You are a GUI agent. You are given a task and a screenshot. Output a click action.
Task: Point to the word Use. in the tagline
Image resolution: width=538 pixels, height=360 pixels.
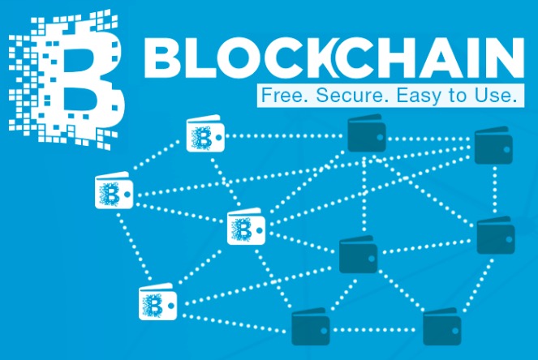496,95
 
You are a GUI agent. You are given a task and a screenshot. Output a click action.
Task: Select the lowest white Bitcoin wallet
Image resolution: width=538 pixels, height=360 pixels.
157,302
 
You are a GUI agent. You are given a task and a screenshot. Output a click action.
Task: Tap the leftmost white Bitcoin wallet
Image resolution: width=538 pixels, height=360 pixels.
114,191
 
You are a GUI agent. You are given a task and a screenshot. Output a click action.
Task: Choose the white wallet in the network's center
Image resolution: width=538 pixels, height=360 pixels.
246,226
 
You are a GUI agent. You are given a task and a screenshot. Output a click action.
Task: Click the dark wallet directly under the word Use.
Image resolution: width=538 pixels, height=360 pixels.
493,145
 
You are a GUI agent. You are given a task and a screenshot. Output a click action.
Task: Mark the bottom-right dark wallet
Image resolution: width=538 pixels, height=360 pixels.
441,327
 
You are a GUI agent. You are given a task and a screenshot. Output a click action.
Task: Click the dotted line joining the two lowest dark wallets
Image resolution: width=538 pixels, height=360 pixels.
376,330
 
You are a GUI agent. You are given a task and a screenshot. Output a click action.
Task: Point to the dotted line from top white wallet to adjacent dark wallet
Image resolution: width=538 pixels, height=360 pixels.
286,136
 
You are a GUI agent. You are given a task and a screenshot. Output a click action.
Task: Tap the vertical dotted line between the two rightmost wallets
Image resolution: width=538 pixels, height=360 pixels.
494,190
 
